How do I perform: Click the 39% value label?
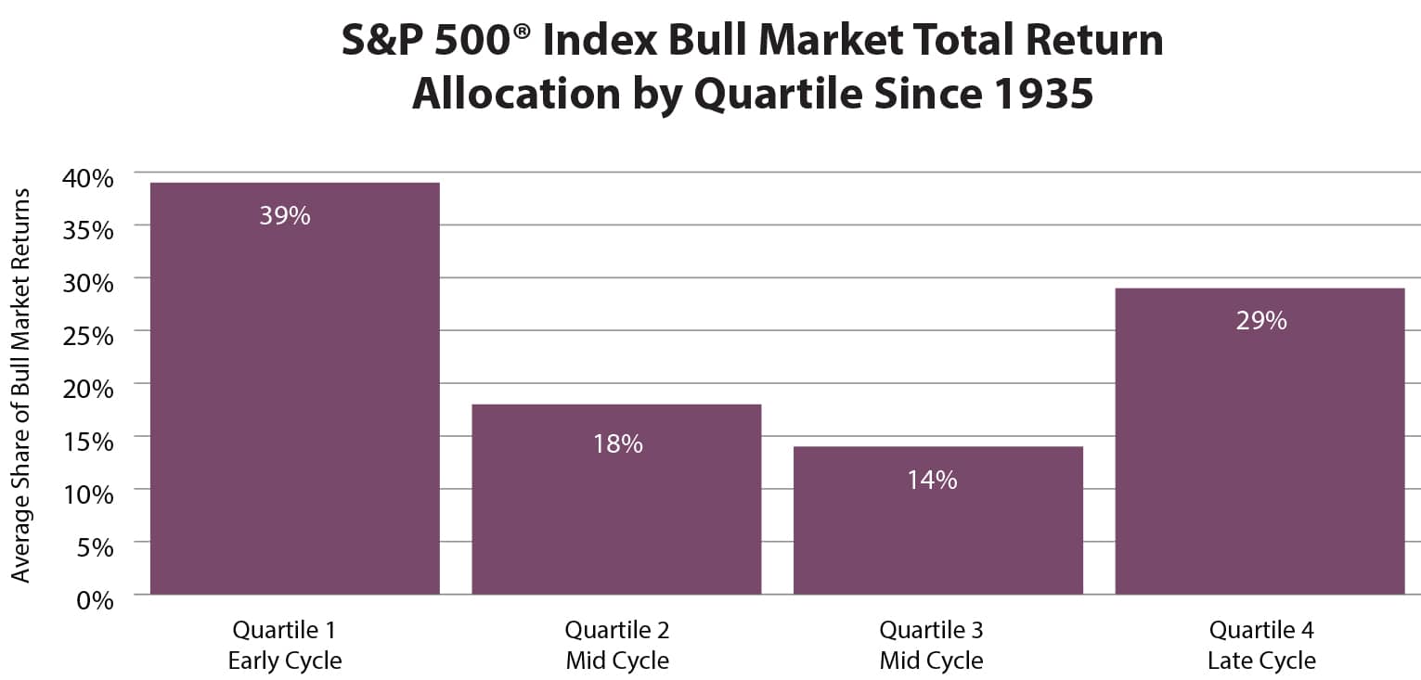pyautogui.click(x=285, y=216)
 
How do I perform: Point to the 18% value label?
pyautogui.click(x=617, y=444)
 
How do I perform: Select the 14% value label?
pyautogui.click(x=932, y=481)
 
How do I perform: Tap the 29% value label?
pyautogui.click(x=1260, y=321)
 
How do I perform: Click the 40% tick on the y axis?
pyautogui.click(x=88, y=178)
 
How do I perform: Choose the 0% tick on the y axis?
pyautogui.click(x=94, y=600)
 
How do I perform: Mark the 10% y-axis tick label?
pyautogui.click(x=88, y=494)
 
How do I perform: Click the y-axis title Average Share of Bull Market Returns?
pyautogui.click(x=21, y=385)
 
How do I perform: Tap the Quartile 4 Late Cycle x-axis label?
pyautogui.click(x=1261, y=646)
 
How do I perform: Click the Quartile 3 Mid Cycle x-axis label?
pyautogui.click(x=931, y=646)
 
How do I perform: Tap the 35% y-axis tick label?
pyautogui.click(x=88, y=231)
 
